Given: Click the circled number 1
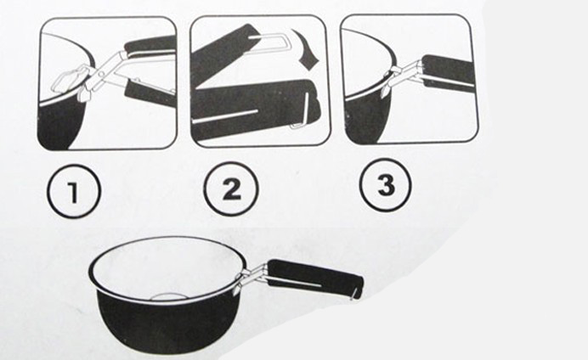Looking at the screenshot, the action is (x=74, y=190).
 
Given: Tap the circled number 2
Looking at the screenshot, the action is (x=231, y=188).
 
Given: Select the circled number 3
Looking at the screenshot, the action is (x=386, y=185).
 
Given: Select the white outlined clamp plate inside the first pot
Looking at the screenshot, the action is (x=67, y=80).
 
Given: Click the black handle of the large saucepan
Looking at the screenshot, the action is (x=315, y=278).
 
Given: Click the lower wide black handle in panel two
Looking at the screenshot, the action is (x=255, y=109).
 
